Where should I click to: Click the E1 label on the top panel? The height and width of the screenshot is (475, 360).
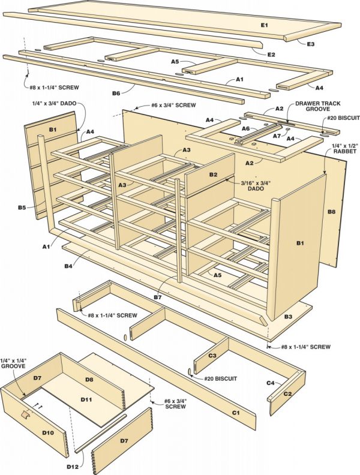point(264,25)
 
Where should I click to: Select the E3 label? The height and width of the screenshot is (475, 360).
point(311,44)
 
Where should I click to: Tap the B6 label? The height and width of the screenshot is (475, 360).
point(116,93)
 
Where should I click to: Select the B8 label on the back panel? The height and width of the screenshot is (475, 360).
point(331,212)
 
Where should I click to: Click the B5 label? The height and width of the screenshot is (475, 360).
point(22,208)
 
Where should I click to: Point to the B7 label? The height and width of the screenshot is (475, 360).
point(157,297)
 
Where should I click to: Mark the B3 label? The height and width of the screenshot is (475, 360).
point(288,316)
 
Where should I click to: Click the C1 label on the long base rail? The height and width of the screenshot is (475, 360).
point(235,413)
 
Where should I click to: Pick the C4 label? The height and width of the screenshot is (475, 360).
point(270,382)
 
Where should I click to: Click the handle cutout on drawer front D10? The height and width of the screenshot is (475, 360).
point(25,414)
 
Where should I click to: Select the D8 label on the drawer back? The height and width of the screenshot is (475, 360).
point(89,380)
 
